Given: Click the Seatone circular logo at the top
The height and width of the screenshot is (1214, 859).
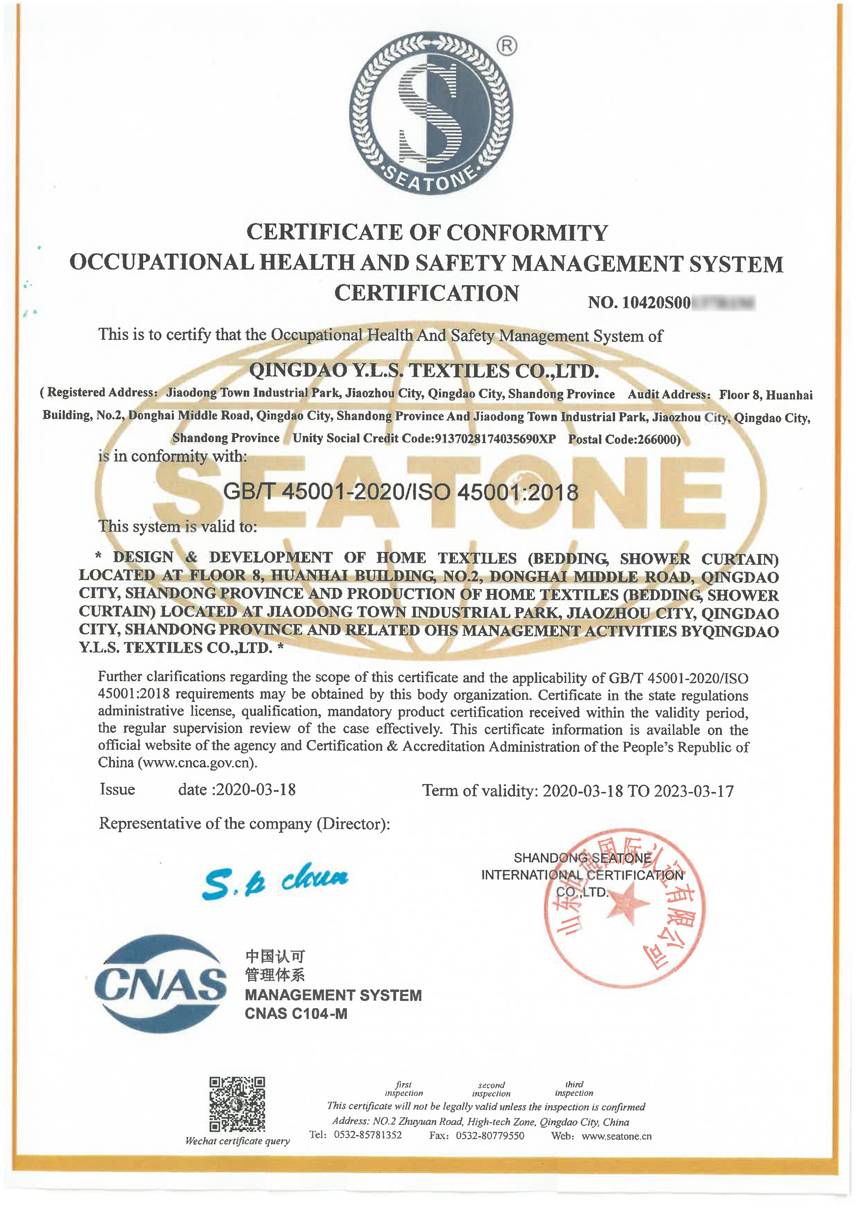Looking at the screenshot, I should tap(431, 113).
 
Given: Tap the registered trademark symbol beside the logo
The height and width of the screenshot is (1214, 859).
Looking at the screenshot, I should tap(507, 47).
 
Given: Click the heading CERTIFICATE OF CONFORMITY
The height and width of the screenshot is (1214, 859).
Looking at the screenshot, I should tap(427, 232).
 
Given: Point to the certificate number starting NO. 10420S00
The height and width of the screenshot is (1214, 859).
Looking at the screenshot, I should tap(671, 302).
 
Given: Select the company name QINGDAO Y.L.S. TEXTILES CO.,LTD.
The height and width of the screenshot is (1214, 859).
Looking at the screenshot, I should tap(424, 371).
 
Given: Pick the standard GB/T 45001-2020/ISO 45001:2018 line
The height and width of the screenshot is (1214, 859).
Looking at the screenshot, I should tap(401, 492).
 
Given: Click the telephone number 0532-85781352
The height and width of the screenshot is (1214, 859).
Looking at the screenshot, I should tap(368, 1135).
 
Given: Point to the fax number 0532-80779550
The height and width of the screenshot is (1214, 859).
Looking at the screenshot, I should tap(490, 1136).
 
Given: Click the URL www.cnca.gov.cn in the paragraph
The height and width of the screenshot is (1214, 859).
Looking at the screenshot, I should tap(197, 763).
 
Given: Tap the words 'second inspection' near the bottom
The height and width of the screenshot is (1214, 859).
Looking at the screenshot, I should tap(491, 1089).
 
